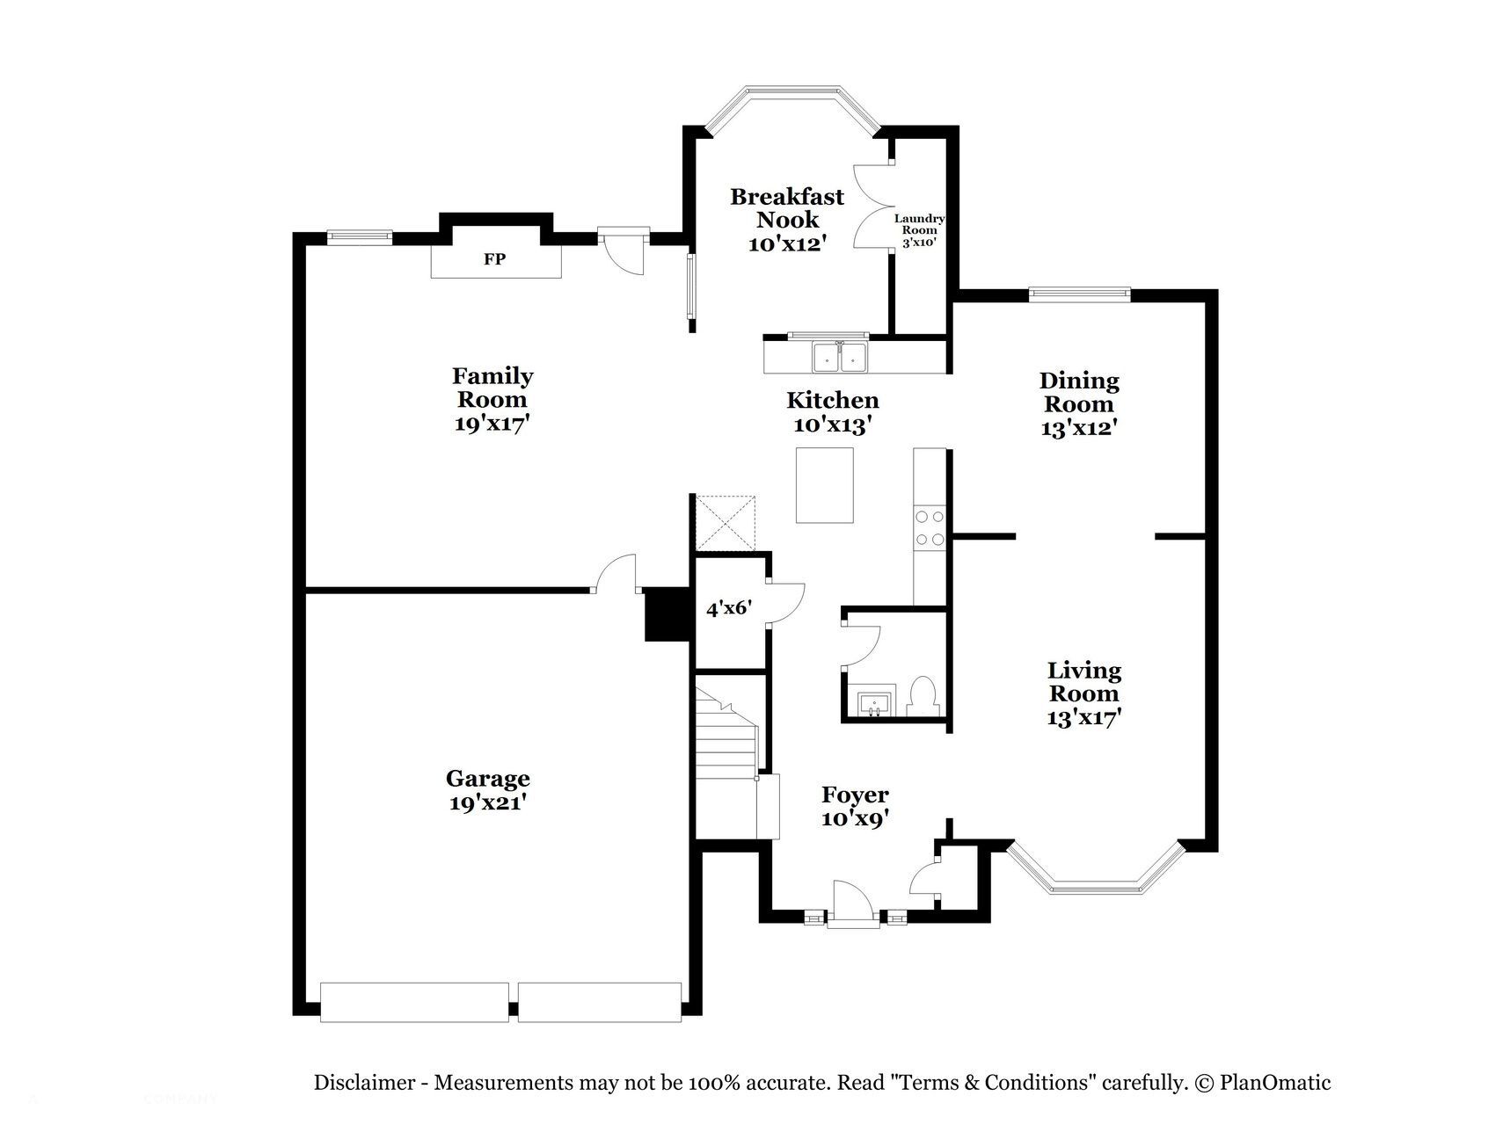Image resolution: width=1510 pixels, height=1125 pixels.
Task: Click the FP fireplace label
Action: [x=495, y=259]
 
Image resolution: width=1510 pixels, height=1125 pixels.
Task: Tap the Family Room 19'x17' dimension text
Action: [x=492, y=423]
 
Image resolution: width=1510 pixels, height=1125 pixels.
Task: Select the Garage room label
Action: [x=487, y=779]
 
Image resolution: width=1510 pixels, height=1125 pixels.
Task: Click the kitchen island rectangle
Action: [x=824, y=485]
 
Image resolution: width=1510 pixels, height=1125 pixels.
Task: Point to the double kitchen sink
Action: [x=840, y=358]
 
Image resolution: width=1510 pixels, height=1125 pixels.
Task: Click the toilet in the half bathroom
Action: [x=923, y=697]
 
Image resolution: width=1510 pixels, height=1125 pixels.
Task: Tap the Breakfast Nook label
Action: [x=787, y=208]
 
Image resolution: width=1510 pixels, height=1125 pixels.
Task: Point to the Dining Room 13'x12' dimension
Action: [x=1079, y=428]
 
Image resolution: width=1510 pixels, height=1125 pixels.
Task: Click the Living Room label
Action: [x=1083, y=682]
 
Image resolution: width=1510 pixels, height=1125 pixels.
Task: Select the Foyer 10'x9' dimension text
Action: [x=855, y=818]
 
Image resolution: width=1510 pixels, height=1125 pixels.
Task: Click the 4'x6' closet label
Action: [x=729, y=607]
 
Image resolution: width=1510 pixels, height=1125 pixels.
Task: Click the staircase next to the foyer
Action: [x=726, y=756]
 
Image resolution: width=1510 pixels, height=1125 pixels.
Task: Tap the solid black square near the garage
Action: [x=667, y=614]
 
